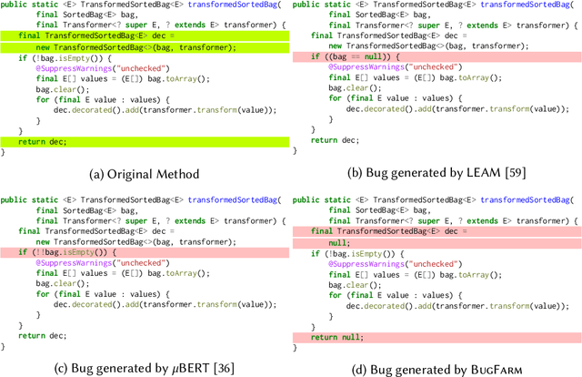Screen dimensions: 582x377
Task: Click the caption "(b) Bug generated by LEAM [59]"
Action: pos(438,174)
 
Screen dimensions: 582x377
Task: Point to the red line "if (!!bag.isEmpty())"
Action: pos(55,252)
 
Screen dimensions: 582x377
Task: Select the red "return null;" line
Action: pos(336,337)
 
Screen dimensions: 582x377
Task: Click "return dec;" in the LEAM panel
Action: pos(336,141)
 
